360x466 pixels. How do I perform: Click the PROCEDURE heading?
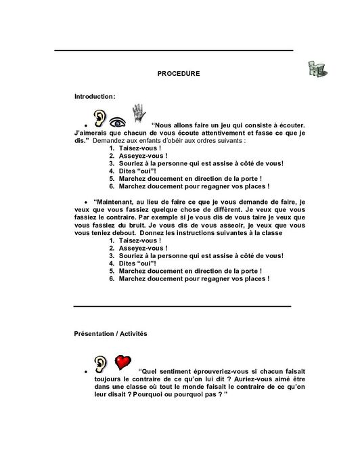click(178, 72)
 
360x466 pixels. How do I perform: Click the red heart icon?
click(122, 362)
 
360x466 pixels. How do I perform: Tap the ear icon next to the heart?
click(101, 364)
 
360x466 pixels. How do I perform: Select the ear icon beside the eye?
click(100, 119)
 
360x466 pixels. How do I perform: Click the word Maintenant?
click(118, 201)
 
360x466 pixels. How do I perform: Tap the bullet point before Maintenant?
click(86, 202)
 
